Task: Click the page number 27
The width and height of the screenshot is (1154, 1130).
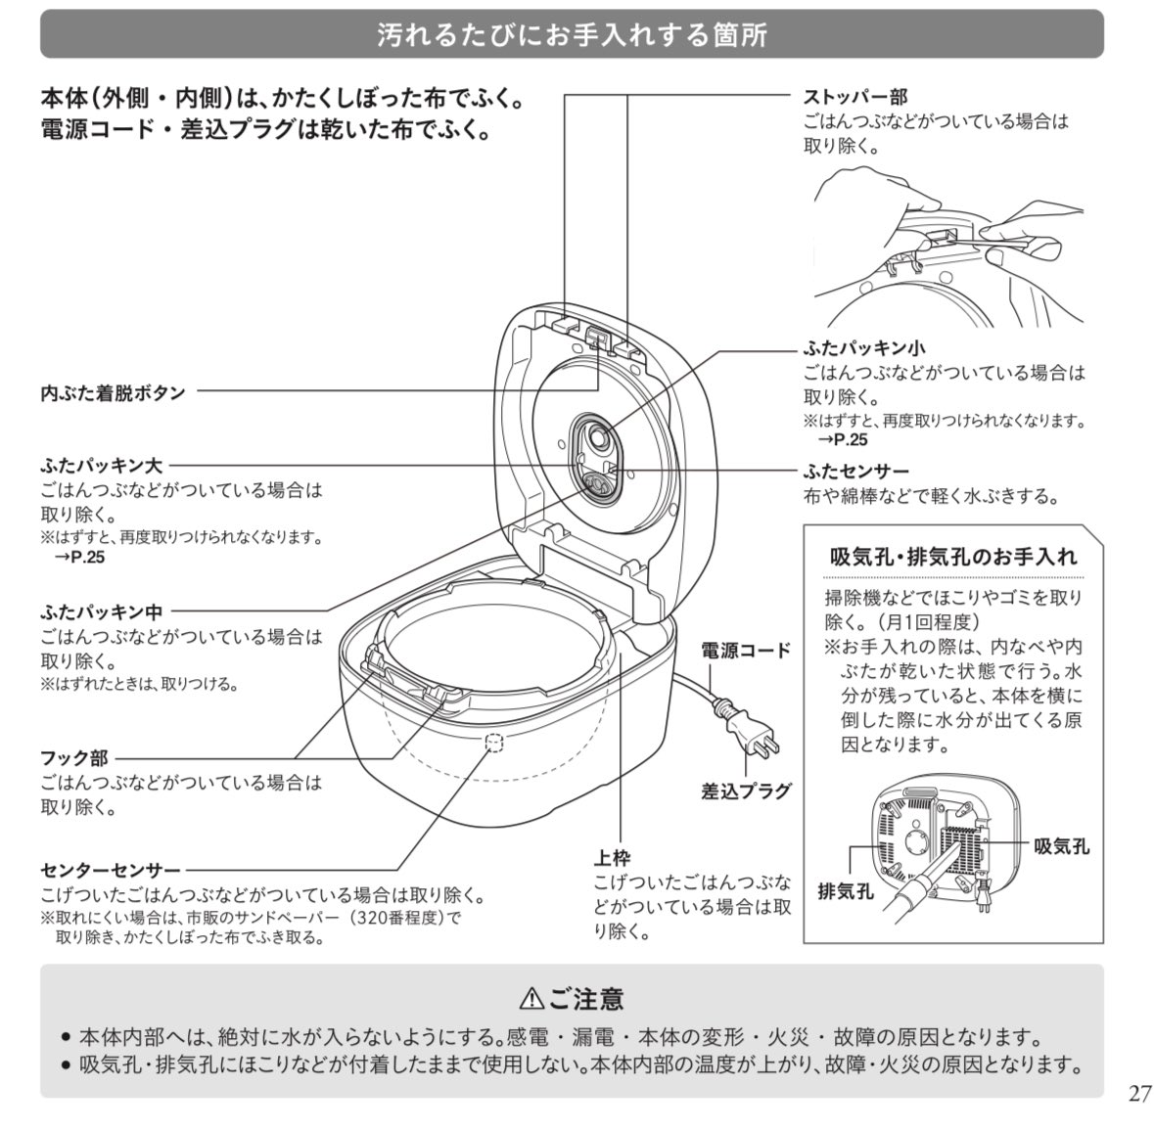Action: click(1139, 1093)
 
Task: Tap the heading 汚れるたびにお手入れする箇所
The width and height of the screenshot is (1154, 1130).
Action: click(572, 36)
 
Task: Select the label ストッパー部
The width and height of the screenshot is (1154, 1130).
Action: click(854, 97)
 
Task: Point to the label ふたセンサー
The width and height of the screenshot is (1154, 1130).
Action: click(855, 472)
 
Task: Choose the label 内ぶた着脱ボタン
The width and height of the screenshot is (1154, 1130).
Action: click(113, 392)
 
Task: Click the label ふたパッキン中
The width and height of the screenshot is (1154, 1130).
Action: click(102, 611)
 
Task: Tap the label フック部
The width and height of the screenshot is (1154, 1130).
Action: click(74, 758)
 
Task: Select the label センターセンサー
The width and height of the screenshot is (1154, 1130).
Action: click(111, 870)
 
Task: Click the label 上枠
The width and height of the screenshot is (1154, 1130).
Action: click(612, 858)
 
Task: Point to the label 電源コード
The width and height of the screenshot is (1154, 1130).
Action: click(745, 651)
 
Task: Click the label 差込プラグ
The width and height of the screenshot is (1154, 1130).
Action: click(745, 791)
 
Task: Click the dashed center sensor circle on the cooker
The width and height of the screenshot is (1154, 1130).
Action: click(495, 743)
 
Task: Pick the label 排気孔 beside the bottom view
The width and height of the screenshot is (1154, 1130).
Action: click(846, 890)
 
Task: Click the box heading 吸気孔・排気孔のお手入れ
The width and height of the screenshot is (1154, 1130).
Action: click(952, 557)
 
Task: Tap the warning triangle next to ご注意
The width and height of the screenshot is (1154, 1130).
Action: click(531, 998)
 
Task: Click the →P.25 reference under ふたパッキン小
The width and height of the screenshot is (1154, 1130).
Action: click(844, 440)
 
